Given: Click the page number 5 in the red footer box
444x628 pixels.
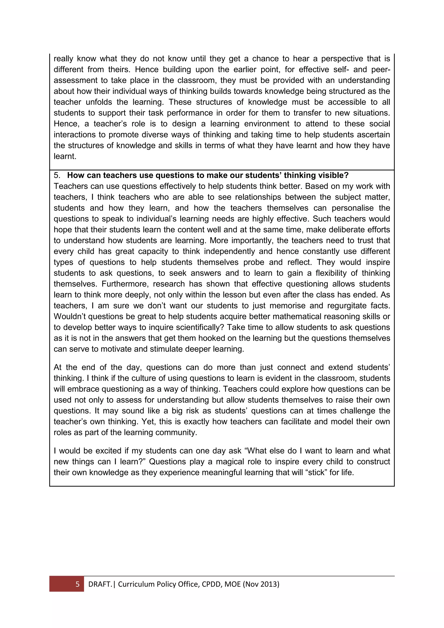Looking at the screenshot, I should tap(77, 584).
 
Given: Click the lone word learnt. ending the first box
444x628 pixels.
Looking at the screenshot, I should tap(65, 156).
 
